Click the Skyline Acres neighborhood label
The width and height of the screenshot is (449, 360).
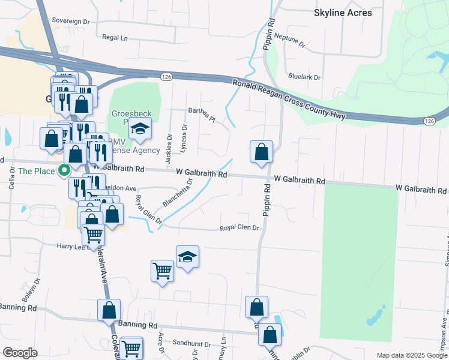click(343, 13)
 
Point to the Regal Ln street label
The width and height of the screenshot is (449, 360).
click(115, 37)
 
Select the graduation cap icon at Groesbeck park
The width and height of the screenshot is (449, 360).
click(140, 130)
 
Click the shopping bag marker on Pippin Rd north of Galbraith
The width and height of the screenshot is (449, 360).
click(261, 152)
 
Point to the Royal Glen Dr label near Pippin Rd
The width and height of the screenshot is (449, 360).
click(238, 228)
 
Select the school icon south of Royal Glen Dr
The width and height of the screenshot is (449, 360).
click(187, 257)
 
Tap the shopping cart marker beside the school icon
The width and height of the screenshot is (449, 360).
click(162, 271)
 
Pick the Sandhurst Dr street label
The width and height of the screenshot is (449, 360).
click(191, 344)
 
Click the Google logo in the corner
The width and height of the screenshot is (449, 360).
click(20, 353)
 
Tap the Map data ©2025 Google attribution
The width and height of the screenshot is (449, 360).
click(412, 355)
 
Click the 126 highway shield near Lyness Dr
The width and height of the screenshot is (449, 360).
click(167, 76)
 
